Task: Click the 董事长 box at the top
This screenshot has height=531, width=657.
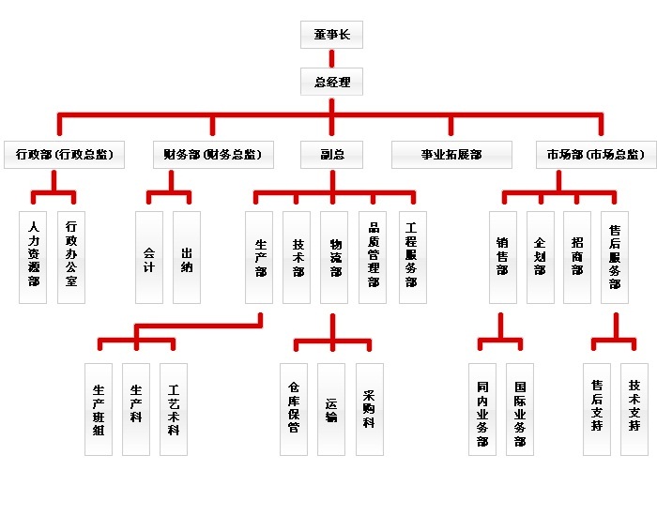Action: (x=331, y=35)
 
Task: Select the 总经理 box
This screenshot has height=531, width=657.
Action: (x=331, y=83)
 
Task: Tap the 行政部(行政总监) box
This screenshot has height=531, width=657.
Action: (x=64, y=155)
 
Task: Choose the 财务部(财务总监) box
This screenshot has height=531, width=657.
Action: (x=212, y=155)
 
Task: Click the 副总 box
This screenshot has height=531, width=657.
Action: (x=331, y=155)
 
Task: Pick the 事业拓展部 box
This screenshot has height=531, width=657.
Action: (x=451, y=155)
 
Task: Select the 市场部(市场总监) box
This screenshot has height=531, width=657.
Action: (x=595, y=155)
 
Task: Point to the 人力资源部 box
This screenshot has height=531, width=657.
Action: (x=34, y=256)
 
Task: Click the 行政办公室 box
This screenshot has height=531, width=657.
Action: (x=71, y=256)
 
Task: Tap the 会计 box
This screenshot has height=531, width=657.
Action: (x=149, y=256)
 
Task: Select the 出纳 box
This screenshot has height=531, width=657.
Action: (x=187, y=256)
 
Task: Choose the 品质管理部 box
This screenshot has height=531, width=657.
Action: (x=373, y=256)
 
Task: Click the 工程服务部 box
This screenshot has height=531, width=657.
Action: (x=410, y=256)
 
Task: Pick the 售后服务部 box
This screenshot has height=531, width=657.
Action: (x=615, y=256)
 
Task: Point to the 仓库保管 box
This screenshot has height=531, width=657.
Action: (x=294, y=409)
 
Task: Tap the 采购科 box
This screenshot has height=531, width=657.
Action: (x=369, y=409)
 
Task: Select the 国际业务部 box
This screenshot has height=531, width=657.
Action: (x=520, y=409)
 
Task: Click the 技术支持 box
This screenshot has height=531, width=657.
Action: (x=634, y=409)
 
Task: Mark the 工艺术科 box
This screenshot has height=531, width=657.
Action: (x=174, y=409)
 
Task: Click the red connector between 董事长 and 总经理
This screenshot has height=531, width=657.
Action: (x=331, y=58)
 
